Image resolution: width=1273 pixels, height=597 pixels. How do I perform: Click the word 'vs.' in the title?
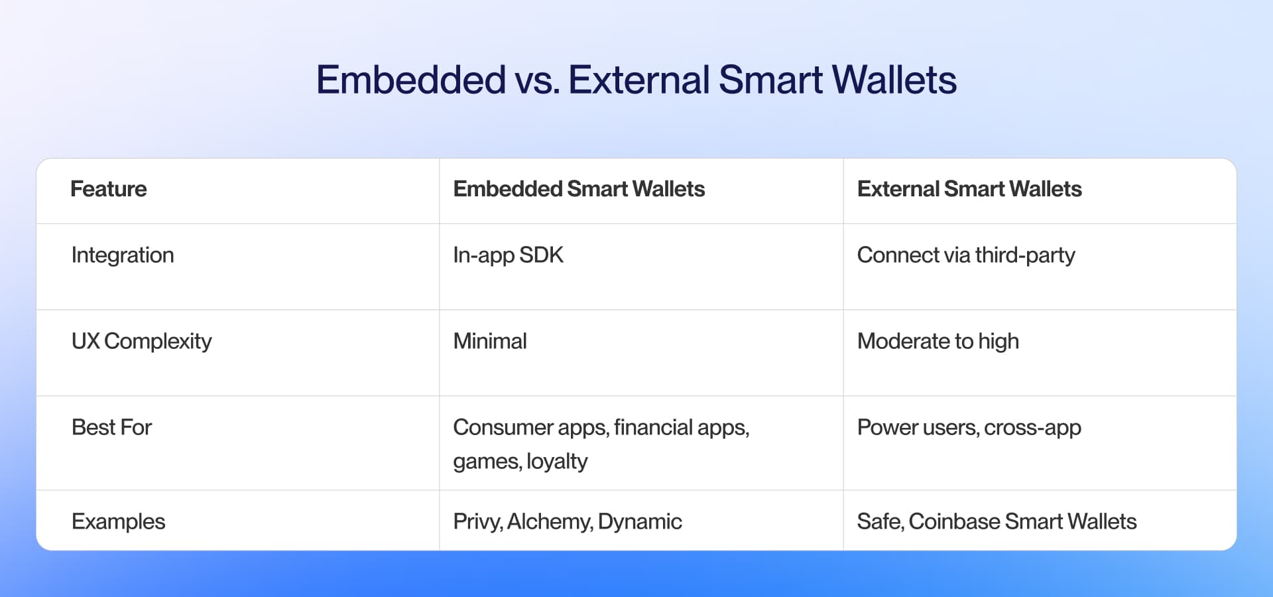click(x=536, y=80)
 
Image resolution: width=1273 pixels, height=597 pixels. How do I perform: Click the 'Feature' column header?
click(x=109, y=189)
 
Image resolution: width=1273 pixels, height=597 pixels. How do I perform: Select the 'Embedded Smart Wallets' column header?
click(x=579, y=189)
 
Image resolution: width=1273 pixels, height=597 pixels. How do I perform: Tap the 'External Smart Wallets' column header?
click(x=969, y=189)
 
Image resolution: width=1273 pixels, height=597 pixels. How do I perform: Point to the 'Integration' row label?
click(x=123, y=255)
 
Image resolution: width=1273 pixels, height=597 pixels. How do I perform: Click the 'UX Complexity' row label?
click(x=141, y=342)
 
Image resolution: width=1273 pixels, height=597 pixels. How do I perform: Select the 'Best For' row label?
click(x=111, y=428)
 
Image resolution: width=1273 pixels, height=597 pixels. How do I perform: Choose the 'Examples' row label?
click(x=118, y=522)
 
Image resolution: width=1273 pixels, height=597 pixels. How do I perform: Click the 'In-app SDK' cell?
click(x=508, y=255)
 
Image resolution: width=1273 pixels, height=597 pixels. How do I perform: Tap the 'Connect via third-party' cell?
click(x=965, y=255)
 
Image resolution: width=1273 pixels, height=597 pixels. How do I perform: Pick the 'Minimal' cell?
click(x=489, y=342)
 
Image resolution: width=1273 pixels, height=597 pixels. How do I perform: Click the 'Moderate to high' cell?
click(x=938, y=342)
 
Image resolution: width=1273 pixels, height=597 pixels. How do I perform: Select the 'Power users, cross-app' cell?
click(x=969, y=428)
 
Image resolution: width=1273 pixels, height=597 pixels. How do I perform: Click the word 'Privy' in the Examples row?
click(x=477, y=522)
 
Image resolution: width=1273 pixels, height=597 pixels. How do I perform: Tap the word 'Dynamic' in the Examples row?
click(x=639, y=522)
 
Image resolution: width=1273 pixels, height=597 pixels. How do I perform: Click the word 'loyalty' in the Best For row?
click(x=557, y=462)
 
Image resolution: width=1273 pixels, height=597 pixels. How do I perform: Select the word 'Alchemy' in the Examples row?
click(x=549, y=522)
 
